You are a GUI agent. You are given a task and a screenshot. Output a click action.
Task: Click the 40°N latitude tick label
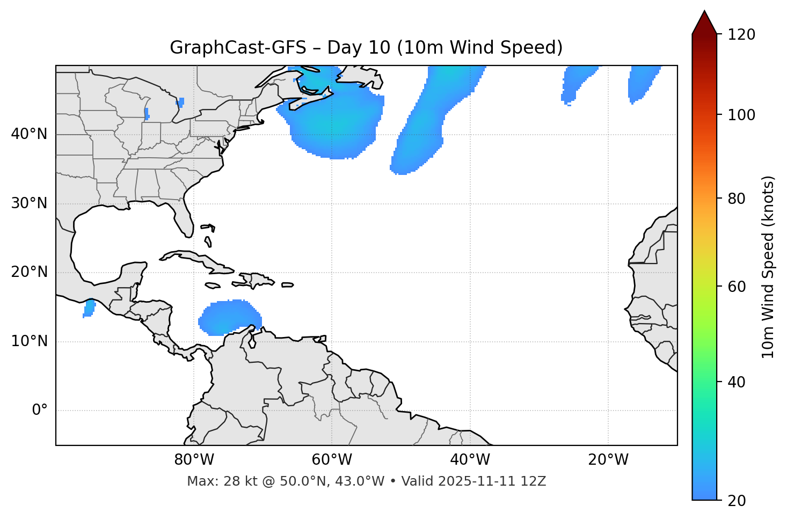[x=29, y=134]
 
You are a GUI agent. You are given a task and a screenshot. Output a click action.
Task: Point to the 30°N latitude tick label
[x=29, y=203]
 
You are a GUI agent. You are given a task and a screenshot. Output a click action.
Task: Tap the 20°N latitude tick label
[x=29, y=272]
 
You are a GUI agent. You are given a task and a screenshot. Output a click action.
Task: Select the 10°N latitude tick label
[x=29, y=341]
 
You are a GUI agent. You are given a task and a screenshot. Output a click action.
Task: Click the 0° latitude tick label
[x=40, y=411]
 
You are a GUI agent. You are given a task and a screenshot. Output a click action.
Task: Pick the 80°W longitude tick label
[x=194, y=460]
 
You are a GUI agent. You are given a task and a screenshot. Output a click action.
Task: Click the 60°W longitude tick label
[x=332, y=460]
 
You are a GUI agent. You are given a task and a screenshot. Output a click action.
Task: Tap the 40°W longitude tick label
[x=470, y=460]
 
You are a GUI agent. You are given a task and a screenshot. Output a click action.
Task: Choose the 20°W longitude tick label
[x=608, y=460]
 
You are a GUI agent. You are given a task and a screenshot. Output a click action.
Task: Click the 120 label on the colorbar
[x=741, y=35]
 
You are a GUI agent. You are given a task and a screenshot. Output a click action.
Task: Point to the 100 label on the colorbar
[x=741, y=115]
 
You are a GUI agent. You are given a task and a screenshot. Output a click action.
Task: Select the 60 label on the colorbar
[x=737, y=287]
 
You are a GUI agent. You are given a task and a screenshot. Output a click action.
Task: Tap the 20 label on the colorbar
[x=737, y=501]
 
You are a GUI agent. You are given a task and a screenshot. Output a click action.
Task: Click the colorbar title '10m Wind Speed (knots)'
[x=768, y=267]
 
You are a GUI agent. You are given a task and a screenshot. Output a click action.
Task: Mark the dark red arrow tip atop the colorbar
[x=704, y=21]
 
